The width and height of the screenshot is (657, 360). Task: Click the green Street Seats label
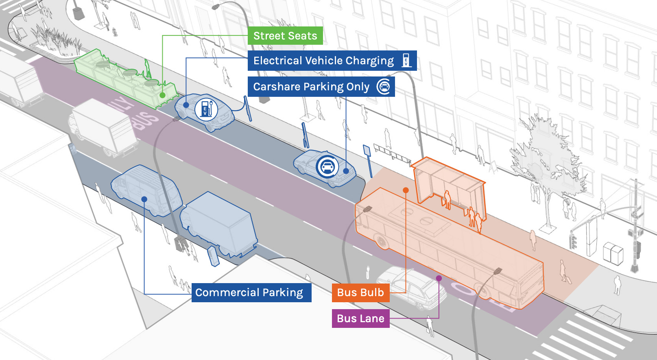(x=285, y=36)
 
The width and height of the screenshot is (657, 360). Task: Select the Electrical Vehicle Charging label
(x=323, y=61)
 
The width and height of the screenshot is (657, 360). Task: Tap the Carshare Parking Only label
(x=311, y=87)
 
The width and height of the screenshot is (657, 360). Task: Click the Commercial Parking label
(x=249, y=292)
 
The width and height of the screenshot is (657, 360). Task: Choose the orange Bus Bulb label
(x=360, y=292)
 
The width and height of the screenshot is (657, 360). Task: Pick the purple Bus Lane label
(x=360, y=319)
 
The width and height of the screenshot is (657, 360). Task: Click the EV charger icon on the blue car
(x=206, y=109)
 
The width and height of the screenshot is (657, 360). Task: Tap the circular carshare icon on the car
(x=327, y=166)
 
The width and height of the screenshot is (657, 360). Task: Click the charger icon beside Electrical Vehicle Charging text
(x=406, y=60)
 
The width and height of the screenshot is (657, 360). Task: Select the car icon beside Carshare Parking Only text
(x=384, y=86)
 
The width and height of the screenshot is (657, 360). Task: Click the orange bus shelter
(x=450, y=183)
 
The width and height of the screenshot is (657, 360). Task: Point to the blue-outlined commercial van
(x=146, y=191)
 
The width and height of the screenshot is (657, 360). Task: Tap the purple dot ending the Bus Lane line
(x=439, y=278)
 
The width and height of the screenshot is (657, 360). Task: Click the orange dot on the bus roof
(x=406, y=190)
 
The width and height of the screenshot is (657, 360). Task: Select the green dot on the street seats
(x=162, y=95)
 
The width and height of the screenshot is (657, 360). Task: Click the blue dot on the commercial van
(x=144, y=199)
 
